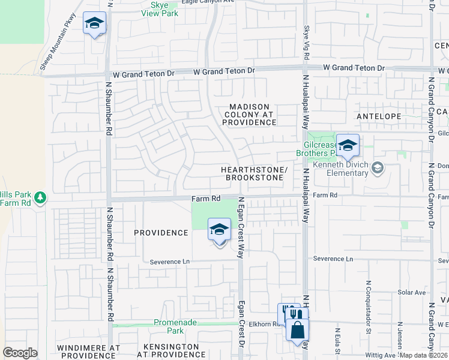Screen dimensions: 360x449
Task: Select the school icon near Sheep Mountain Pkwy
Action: (94, 24)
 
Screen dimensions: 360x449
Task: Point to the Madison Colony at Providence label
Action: (249, 115)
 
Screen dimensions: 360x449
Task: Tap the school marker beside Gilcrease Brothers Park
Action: (348, 146)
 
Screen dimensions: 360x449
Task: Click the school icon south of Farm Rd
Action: (219, 230)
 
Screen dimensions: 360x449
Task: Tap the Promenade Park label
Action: (175, 326)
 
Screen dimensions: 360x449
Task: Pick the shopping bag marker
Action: (297, 330)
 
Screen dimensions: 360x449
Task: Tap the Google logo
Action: (20, 353)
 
